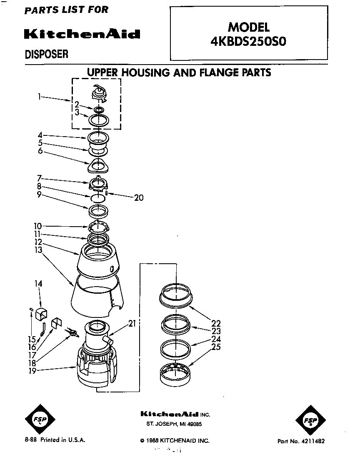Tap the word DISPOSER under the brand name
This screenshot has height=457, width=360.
coord(47,54)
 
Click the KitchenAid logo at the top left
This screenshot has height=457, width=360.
coord(82,34)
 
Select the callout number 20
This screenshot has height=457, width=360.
coord(138,197)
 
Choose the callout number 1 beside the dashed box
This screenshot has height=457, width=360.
coord(39,97)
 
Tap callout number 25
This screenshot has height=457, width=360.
coord(216,347)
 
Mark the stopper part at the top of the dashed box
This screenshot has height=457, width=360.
coord(98,92)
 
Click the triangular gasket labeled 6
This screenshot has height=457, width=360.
coord(99,166)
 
